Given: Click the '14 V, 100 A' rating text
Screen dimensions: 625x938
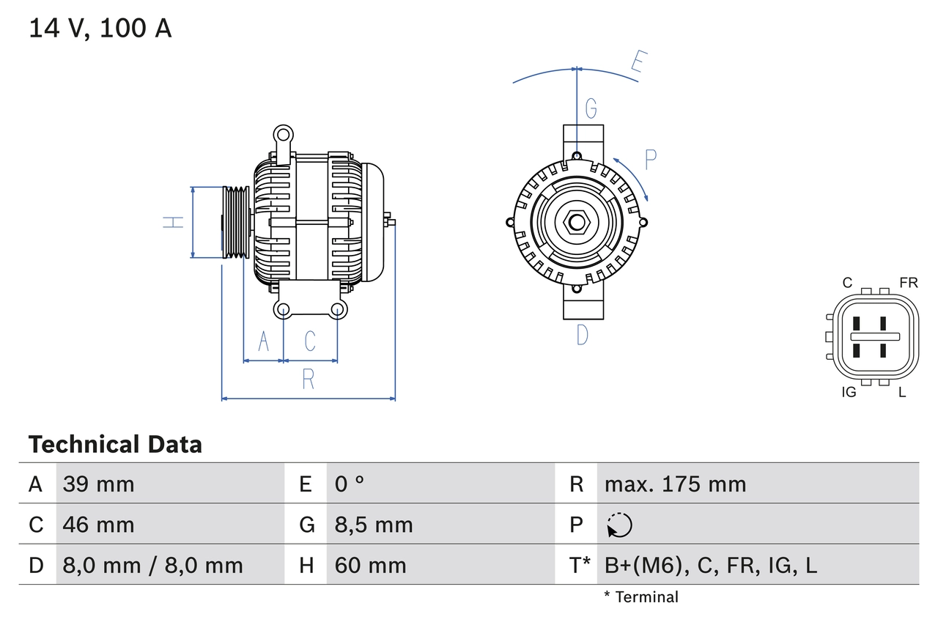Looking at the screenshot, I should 100,28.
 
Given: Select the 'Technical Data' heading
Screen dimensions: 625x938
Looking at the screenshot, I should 115,444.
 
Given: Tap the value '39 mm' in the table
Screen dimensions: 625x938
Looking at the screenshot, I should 99,484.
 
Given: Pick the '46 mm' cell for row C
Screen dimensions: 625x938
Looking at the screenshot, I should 99,525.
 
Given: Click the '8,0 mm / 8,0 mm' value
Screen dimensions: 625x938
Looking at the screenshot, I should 152,565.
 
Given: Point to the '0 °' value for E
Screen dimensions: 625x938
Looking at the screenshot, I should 350,484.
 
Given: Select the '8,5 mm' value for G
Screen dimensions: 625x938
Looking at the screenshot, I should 374,525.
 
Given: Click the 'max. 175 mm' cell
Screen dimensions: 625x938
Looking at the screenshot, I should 675,484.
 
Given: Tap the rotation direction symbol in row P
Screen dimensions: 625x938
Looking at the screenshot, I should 619,525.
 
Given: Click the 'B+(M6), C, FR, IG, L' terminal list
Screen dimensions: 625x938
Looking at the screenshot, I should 710,565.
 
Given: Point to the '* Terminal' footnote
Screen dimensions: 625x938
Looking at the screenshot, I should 641,597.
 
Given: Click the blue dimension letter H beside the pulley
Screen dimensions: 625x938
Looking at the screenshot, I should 174,222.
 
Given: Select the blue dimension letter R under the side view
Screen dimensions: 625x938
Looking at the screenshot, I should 309,380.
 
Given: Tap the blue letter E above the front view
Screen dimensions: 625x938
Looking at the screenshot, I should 638,65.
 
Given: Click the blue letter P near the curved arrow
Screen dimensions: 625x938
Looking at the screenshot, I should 650,159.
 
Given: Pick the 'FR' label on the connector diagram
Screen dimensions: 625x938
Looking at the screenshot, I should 908,283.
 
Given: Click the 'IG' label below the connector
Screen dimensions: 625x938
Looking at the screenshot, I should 849,392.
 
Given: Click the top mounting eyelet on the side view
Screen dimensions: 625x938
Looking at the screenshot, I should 282,134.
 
